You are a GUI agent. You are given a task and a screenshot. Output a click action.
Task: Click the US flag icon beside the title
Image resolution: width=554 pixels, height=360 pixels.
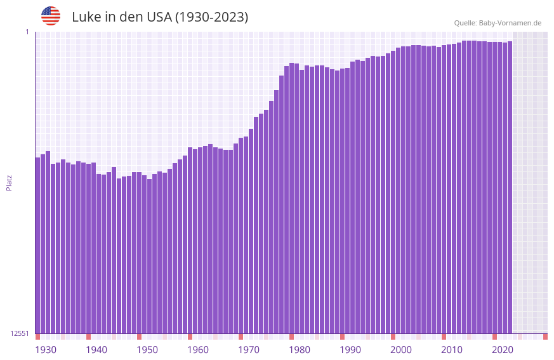click(51, 16)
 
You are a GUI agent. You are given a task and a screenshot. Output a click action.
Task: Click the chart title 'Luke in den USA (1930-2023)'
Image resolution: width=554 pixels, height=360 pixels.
click(160, 17)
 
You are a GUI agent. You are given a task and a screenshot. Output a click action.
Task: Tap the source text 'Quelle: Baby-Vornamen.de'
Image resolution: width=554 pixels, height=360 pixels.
click(498, 23)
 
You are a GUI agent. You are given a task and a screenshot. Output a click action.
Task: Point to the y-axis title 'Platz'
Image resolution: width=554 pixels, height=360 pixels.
click(9, 182)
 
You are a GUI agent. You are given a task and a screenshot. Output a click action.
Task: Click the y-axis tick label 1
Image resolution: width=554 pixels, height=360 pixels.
click(27, 32)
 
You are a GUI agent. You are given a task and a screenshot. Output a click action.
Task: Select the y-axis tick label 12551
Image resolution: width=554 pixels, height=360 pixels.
click(20, 333)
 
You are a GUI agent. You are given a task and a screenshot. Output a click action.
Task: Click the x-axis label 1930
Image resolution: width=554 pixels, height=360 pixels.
click(46, 350)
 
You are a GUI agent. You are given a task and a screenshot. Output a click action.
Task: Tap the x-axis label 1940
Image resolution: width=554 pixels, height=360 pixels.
click(96, 350)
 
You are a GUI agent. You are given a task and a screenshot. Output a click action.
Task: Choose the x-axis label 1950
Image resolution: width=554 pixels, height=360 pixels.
click(147, 350)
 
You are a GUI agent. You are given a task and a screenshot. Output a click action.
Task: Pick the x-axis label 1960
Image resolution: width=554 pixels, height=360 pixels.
click(198, 350)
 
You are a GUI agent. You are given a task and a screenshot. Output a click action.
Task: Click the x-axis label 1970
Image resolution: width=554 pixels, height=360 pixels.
click(249, 350)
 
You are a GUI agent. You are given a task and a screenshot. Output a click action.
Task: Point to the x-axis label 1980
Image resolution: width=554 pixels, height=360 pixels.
click(300, 350)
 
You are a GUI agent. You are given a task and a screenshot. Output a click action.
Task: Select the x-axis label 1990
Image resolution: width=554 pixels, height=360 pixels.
click(350, 350)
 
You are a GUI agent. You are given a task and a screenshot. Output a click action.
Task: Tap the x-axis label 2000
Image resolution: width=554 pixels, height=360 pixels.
click(401, 350)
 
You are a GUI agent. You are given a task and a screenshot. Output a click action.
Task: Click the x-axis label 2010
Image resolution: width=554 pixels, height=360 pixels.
click(452, 350)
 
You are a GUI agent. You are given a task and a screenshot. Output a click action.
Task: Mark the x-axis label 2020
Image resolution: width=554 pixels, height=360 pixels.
click(503, 350)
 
